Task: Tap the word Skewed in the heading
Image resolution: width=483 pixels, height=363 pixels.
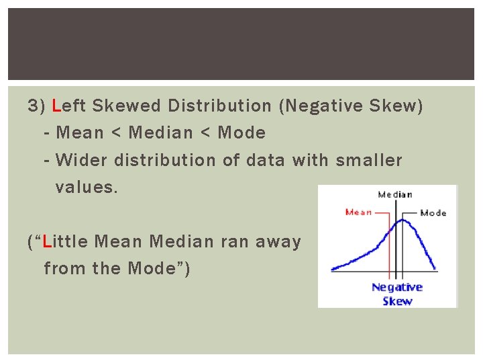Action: [x=125, y=106]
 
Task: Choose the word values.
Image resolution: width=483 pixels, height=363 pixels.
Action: [x=87, y=188]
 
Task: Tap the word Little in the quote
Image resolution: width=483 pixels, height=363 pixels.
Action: [x=66, y=241]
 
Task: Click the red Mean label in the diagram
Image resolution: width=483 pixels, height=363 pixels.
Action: [x=358, y=212]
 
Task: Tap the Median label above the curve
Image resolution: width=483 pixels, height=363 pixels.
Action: [x=395, y=195]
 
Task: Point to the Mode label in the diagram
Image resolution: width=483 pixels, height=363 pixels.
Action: [x=433, y=213]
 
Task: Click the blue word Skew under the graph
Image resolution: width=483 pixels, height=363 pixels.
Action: [x=397, y=300]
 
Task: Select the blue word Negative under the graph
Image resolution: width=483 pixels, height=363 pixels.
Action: [x=397, y=288]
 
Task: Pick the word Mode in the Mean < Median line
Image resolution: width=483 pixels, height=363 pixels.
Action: [x=241, y=133]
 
